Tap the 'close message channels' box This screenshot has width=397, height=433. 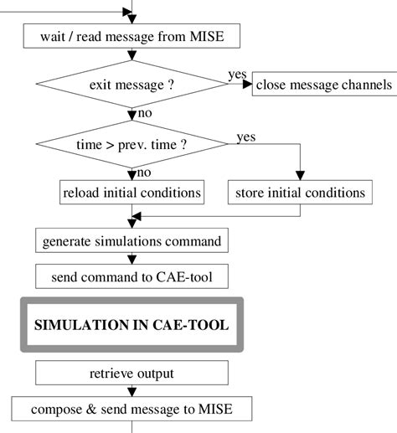323,85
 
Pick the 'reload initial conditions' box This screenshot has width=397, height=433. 131,192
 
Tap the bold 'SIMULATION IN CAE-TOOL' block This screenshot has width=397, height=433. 131,324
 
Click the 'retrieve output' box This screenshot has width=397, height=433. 131,373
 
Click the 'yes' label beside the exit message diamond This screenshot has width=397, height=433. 237,75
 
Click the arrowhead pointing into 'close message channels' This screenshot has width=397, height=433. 249,85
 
